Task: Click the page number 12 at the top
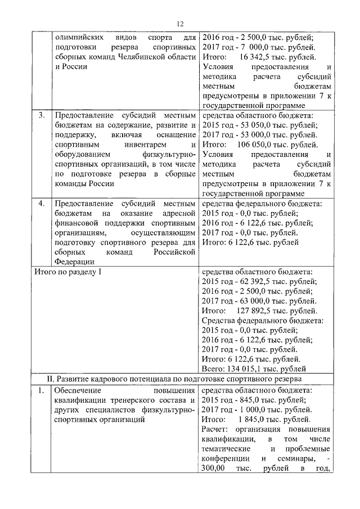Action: [180, 23]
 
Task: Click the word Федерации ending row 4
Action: [74, 261]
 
